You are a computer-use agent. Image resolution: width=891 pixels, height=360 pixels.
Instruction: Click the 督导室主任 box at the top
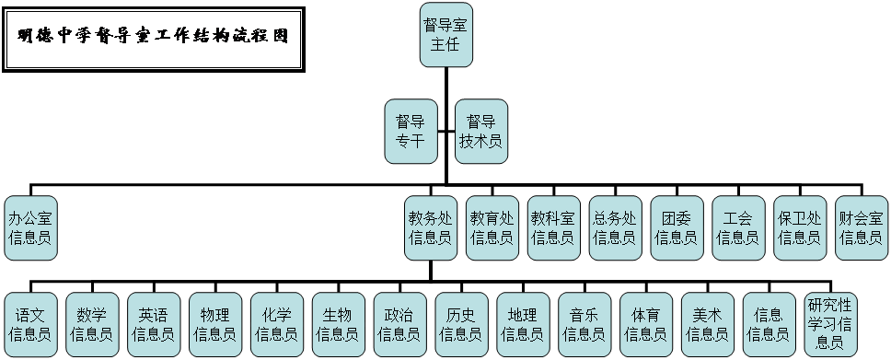point(445,34)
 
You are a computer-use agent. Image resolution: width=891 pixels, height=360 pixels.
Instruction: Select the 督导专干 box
point(410,131)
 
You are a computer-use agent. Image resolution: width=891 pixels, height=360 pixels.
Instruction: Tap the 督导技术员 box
point(480,131)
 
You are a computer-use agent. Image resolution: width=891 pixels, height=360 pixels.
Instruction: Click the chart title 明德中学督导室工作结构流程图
point(154,38)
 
